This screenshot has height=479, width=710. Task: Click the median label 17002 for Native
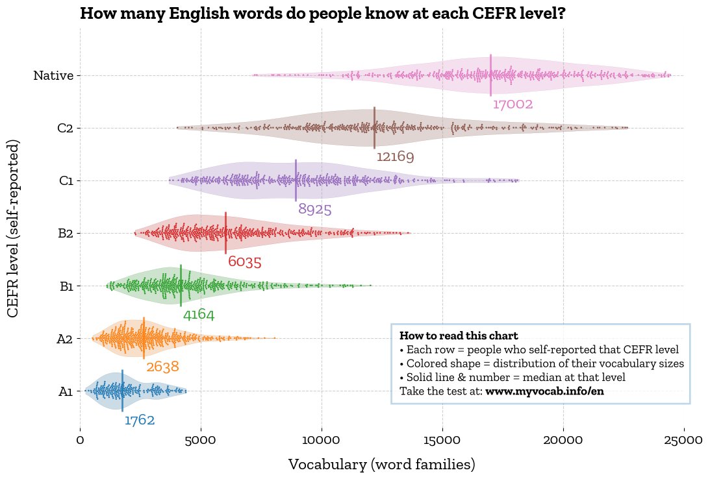click(513, 104)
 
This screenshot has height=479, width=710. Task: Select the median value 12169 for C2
click(395, 157)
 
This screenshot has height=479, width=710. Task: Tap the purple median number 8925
click(315, 210)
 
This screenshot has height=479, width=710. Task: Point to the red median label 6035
click(244, 262)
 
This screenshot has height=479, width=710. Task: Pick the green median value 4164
click(198, 315)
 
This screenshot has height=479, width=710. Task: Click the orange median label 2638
click(162, 367)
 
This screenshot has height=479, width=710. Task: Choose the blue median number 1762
click(140, 421)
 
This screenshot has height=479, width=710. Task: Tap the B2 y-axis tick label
click(65, 234)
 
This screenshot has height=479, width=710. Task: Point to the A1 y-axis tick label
click(65, 391)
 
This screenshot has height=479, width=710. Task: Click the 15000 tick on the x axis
click(442, 441)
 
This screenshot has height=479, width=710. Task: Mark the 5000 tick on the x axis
click(201, 441)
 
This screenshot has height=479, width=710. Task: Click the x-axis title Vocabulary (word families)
click(381, 465)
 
